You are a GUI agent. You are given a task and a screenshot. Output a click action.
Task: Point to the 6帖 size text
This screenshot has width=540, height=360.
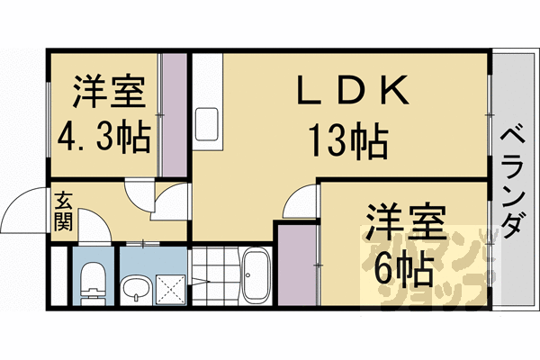tap(400, 267)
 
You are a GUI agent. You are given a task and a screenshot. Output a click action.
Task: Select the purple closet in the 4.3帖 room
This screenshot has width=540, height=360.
tap(173, 115)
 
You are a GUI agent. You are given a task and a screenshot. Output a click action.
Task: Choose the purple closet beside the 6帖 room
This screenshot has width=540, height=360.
tap(294, 265)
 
